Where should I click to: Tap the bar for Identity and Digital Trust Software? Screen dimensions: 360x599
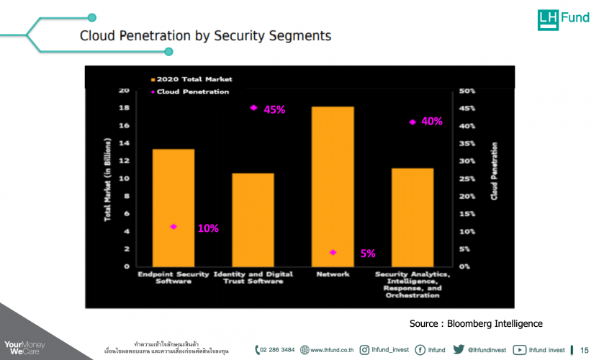tap(253, 220)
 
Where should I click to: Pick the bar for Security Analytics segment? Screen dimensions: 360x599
tap(413, 217)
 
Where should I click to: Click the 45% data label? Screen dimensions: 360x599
tap(274, 110)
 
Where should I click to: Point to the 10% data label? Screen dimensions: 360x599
tap(208, 228)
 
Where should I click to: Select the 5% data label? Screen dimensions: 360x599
tap(368, 253)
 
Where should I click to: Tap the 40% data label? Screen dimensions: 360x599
tap(432, 122)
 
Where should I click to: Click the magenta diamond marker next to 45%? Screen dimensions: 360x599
tap(253, 108)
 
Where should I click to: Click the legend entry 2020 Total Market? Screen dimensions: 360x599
tap(192, 79)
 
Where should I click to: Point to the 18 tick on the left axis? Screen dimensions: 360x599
tap(124, 108)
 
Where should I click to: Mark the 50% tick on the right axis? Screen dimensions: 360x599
tap(467, 91)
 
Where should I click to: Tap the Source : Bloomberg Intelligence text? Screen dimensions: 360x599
tap(476, 323)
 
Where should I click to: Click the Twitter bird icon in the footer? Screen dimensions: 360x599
tap(458, 350)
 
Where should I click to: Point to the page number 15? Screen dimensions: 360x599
tap(585, 350)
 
